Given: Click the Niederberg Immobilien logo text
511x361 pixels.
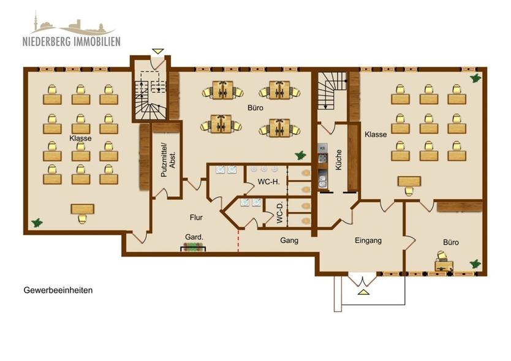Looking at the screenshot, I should point(72,42).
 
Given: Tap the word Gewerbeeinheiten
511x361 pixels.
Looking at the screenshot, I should point(58,290).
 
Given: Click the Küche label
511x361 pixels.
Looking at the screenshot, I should point(338,161).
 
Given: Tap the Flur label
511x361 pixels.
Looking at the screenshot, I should point(196,217).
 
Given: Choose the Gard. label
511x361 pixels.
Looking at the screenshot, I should point(194,237).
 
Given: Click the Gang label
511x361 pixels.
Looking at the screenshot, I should point(289,240).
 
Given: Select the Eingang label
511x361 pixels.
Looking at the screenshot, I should point(368,240).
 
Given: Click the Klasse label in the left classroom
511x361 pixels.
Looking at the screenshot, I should point(80,139).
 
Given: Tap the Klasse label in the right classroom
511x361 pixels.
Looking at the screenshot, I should point(376,134).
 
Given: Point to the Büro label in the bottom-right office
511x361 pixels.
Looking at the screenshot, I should point(451,242).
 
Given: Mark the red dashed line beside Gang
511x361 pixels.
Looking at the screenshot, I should point(238,240).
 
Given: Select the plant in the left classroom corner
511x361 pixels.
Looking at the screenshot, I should point(37,222).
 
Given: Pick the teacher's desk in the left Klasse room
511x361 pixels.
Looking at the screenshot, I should point(82,210).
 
